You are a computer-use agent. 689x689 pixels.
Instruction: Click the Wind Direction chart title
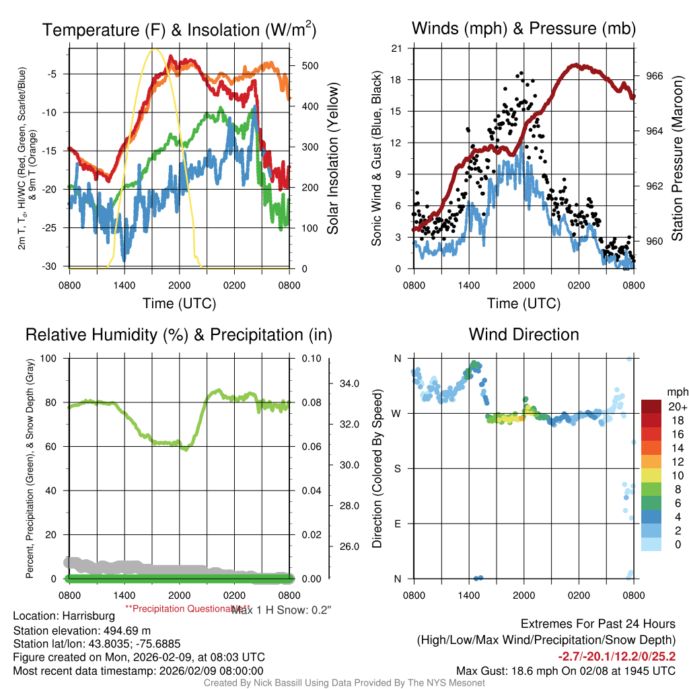click(523, 334)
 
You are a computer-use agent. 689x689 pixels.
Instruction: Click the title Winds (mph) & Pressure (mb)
click(523, 28)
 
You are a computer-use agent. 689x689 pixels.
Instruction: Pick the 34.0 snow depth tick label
click(351, 384)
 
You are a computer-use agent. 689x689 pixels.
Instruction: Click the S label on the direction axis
click(398, 468)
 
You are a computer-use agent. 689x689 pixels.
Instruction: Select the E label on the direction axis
click(398, 523)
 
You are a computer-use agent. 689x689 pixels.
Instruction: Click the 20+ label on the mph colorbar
click(677, 406)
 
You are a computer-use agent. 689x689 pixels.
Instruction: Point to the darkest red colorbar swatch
click(651, 406)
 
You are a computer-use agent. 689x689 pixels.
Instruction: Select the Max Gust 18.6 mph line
click(566, 670)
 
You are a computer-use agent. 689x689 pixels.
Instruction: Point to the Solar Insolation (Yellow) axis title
click(332, 159)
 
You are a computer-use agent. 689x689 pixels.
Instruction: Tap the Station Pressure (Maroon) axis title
click(678, 159)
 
